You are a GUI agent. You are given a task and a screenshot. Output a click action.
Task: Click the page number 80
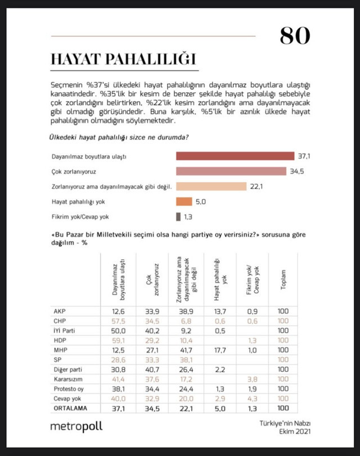[295, 35]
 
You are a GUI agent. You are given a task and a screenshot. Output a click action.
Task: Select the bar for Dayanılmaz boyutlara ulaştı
[235, 156]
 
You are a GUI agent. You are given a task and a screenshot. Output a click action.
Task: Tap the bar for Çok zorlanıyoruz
[230, 171]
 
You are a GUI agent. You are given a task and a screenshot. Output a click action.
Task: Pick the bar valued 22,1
[211, 186]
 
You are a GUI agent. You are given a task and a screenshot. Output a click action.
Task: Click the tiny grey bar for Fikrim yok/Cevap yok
[178, 216]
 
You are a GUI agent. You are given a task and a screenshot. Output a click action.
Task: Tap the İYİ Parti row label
[63, 331]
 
